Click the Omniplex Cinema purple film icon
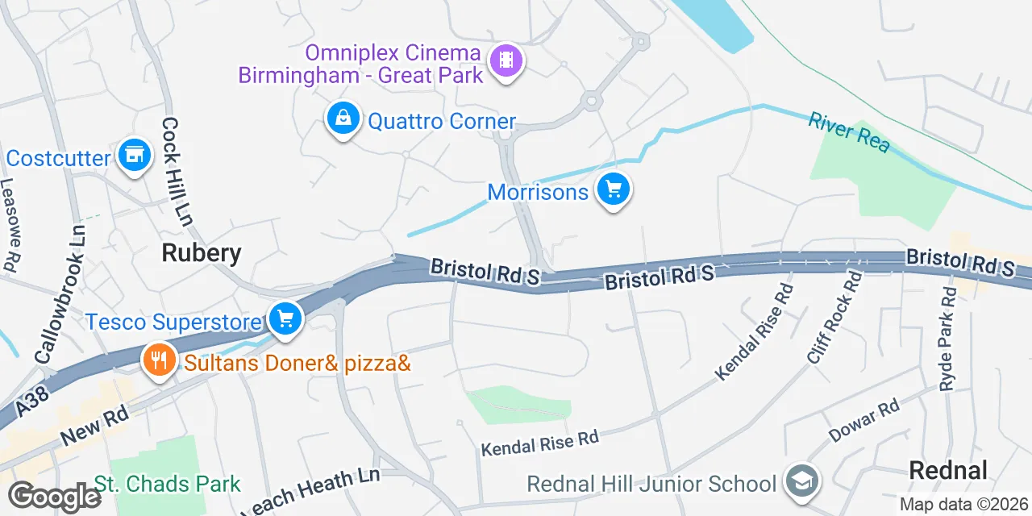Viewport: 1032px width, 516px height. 506,60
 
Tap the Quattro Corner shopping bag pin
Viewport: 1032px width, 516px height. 343,119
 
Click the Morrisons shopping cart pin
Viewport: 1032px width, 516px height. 614,190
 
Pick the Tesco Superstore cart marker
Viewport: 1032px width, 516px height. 284,318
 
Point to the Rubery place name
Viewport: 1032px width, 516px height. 202,253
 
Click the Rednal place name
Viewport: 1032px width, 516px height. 948,470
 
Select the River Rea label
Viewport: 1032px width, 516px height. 849,132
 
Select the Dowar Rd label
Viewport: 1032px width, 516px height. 863,422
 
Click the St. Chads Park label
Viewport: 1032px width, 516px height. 168,485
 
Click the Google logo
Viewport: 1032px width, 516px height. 54,496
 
